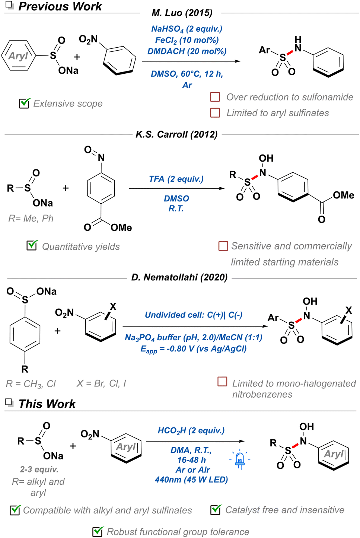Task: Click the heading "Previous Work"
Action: click(x=60, y=6)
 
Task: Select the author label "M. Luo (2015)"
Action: click(x=182, y=13)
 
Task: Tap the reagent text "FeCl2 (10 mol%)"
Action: click(x=187, y=40)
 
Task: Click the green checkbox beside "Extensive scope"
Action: click(x=24, y=103)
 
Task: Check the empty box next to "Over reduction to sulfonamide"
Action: click(x=215, y=97)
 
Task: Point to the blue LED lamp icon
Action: click(x=240, y=459)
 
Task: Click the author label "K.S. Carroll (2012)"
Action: click(x=176, y=134)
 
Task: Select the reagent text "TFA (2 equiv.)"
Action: click(x=176, y=179)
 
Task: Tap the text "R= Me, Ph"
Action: click(x=31, y=218)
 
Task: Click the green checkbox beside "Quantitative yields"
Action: click(x=32, y=245)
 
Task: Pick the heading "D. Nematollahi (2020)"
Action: click(x=179, y=277)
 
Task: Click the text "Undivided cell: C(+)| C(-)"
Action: click(x=193, y=315)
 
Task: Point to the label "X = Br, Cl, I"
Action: click(x=101, y=383)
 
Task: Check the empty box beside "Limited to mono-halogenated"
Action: click(x=222, y=382)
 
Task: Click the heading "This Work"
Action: click(x=47, y=404)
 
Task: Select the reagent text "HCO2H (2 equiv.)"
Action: click(x=191, y=431)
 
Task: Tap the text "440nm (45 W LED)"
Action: click(x=191, y=480)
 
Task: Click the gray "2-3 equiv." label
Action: click(x=39, y=469)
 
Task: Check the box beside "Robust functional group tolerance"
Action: click(x=98, y=531)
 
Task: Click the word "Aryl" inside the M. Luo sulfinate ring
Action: click(x=18, y=56)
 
